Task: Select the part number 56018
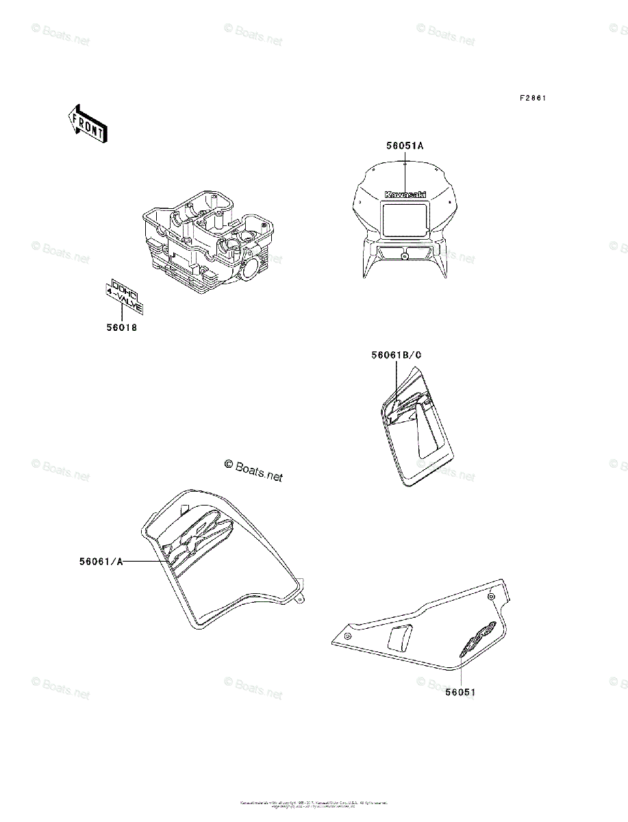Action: click(x=121, y=328)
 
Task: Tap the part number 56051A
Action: click(x=405, y=146)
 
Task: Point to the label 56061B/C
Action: click(x=396, y=356)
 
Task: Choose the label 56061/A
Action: click(x=101, y=562)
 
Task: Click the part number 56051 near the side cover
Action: click(x=460, y=692)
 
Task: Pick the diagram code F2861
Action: click(x=532, y=99)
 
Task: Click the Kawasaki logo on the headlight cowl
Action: click(x=405, y=195)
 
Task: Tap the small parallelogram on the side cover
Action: click(x=399, y=636)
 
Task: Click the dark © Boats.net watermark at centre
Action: click(x=253, y=470)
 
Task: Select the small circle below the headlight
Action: click(x=405, y=257)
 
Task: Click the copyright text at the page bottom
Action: click(x=314, y=804)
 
